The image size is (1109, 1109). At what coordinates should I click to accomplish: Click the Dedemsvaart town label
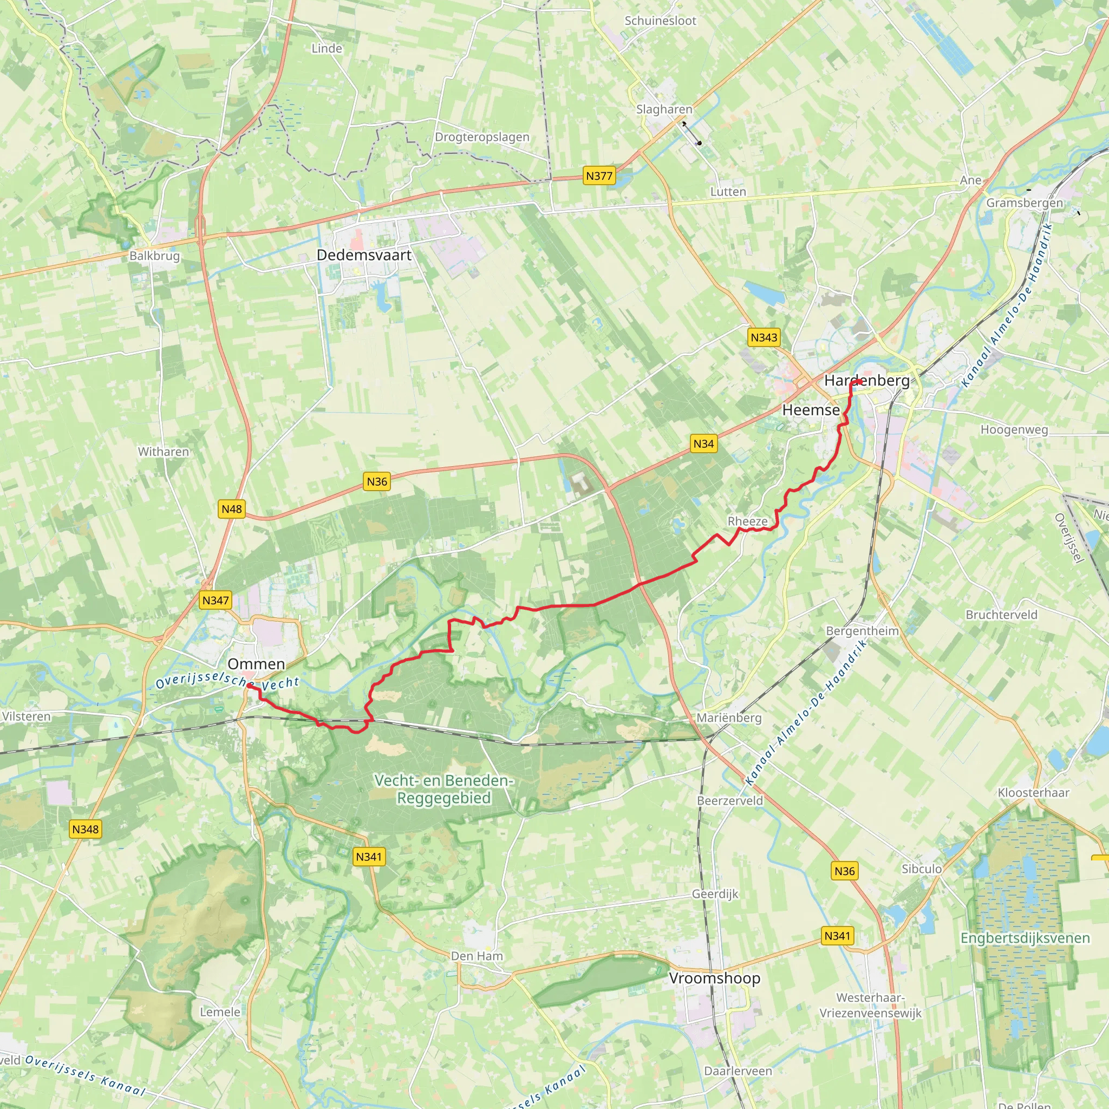click(364, 255)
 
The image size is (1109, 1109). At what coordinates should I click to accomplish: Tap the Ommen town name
click(256, 664)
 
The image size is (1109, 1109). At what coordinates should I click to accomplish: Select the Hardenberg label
click(867, 381)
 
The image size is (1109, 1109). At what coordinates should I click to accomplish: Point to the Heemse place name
click(811, 410)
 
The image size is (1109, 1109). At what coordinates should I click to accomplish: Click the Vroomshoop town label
click(714, 978)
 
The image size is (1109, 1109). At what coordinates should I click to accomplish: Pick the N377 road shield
click(599, 175)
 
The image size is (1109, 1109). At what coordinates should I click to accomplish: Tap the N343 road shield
click(764, 337)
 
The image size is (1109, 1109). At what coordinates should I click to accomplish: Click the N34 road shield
click(703, 443)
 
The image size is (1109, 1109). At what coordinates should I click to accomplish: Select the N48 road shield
click(231, 509)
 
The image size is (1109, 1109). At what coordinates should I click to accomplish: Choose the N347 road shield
click(216, 601)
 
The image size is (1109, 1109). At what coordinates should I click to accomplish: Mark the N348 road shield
click(86, 830)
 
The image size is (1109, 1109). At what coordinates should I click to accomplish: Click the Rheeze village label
click(747, 521)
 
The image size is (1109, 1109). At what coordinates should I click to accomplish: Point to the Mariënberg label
click(729, 717)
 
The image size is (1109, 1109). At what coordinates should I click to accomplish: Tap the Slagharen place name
click(664, 109)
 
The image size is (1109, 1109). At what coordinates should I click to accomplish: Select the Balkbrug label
click(154, 256)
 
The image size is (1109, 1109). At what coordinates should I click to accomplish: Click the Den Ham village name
click(477, 956)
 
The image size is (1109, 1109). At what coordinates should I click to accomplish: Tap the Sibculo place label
click(921, 869)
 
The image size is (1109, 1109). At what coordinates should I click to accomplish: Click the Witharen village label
click(163, 452)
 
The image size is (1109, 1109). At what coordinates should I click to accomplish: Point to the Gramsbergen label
click(1025, 203)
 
